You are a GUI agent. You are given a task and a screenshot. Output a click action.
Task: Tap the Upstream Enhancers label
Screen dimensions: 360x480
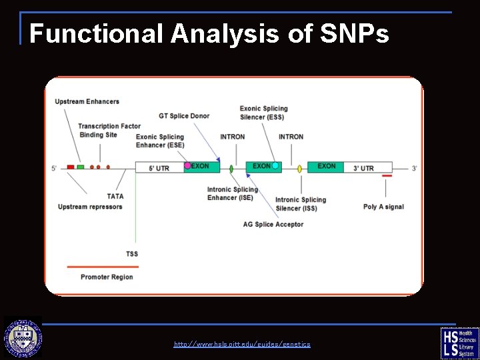click(87, 101)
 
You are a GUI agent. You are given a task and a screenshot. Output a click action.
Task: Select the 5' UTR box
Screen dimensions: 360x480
click(159, 168)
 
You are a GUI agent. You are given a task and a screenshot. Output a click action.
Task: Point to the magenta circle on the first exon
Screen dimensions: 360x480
click(187, 165)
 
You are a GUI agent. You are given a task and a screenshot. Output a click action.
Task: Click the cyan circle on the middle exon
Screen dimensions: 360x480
click(275, 165)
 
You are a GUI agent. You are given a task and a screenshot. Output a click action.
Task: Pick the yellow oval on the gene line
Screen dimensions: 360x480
click(299, 169)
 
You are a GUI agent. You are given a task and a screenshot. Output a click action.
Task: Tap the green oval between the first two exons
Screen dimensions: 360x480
click(231, 169)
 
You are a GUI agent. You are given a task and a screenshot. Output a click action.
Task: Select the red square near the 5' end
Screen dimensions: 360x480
click(71, 167)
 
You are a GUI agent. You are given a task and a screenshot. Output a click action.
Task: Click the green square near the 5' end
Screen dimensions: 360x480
click(80, 167)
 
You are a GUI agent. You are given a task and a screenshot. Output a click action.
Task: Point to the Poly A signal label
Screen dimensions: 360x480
click(383, 207)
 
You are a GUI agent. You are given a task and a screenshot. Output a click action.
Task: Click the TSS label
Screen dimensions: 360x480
click(132, 253)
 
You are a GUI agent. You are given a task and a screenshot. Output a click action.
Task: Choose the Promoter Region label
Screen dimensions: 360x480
click(107, 277)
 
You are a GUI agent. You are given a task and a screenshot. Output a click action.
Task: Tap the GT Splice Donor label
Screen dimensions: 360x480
click(184, 116)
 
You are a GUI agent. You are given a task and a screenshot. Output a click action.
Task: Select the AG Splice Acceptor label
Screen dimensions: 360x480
click(273, 224)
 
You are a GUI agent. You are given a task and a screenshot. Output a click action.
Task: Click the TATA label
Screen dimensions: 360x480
click(115, 196)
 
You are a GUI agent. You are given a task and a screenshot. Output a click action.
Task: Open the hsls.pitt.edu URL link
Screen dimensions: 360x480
click(242, 344)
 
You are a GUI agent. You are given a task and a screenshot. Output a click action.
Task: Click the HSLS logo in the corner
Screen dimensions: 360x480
click(459, 342)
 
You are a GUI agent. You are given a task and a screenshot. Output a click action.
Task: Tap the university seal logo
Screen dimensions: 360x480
click(23, 339)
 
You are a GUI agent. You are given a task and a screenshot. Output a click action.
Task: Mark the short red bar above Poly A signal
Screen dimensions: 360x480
click(387, 176)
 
